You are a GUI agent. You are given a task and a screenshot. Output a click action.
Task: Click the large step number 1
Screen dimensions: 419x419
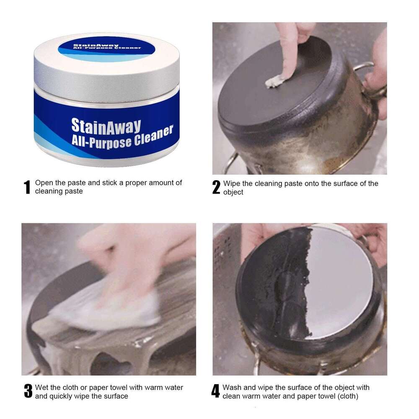(x=27, y=187)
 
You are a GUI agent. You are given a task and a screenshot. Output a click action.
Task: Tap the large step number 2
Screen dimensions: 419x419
(x=216, y=187)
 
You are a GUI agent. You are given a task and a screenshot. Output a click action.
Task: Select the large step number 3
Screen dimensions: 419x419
(x=28, y=391)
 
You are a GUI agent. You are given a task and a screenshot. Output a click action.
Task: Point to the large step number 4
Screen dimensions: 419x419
(x=215, y=391)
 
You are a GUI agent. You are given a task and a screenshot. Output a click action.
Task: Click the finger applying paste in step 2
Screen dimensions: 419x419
(x=289, y=50)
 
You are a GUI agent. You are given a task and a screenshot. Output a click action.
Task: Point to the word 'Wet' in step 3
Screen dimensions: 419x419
(x=42, y=388)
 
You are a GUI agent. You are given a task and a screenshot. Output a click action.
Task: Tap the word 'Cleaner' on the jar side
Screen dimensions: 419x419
(x=154, y=135)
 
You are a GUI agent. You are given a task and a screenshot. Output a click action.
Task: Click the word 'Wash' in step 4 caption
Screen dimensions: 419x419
(x=231, y=388)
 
